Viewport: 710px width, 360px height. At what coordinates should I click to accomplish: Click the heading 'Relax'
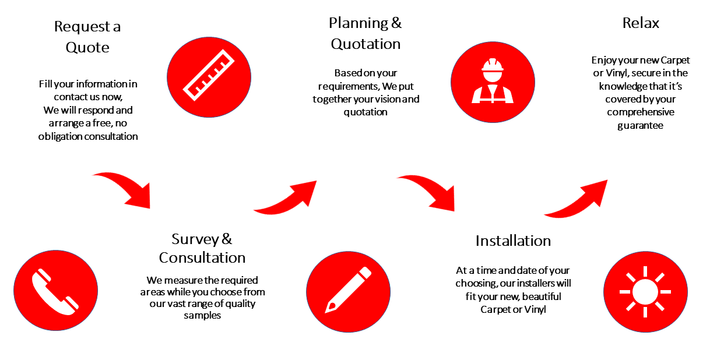pyautogui.click(x=641, y=23)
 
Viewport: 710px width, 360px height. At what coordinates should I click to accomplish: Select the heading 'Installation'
pyautogui.click(x=513, y=241)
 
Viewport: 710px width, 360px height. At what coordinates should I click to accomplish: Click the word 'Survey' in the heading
pyautogui.click(x=195, y=239)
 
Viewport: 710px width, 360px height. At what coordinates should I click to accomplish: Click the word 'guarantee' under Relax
pyautogui.click(x=641, y=125)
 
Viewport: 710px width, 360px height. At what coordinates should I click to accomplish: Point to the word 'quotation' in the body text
pyautogui.click(x=365, y=112)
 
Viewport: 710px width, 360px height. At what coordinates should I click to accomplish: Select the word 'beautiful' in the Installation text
pyautogui.click(x=542, y=297)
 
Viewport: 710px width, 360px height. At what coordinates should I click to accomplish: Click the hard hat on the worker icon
pyautogui.click(x=493, y=64)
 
